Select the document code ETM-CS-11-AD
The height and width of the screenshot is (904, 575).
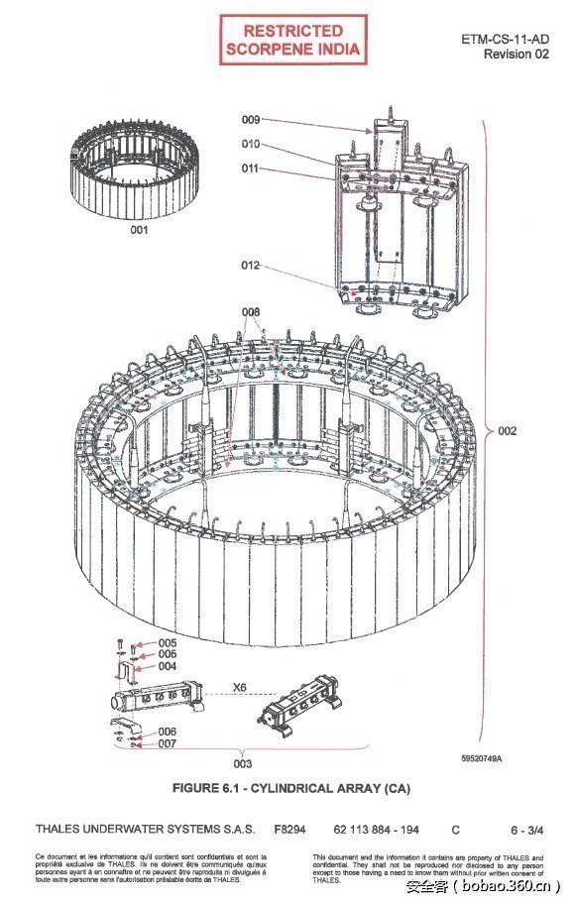[506, 39]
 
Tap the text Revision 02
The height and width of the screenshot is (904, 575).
[516, 54]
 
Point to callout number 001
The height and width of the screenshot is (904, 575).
[139, 230]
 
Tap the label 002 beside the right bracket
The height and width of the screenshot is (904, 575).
[507, 431]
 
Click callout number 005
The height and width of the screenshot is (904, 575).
[168, 642]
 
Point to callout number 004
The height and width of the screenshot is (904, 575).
[168, 666]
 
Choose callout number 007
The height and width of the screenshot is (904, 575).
[168, 742]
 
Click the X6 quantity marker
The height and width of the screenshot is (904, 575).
[239, 687]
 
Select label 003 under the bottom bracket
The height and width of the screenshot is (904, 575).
[242, 763]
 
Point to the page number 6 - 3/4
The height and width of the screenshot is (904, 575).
[525, 828]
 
